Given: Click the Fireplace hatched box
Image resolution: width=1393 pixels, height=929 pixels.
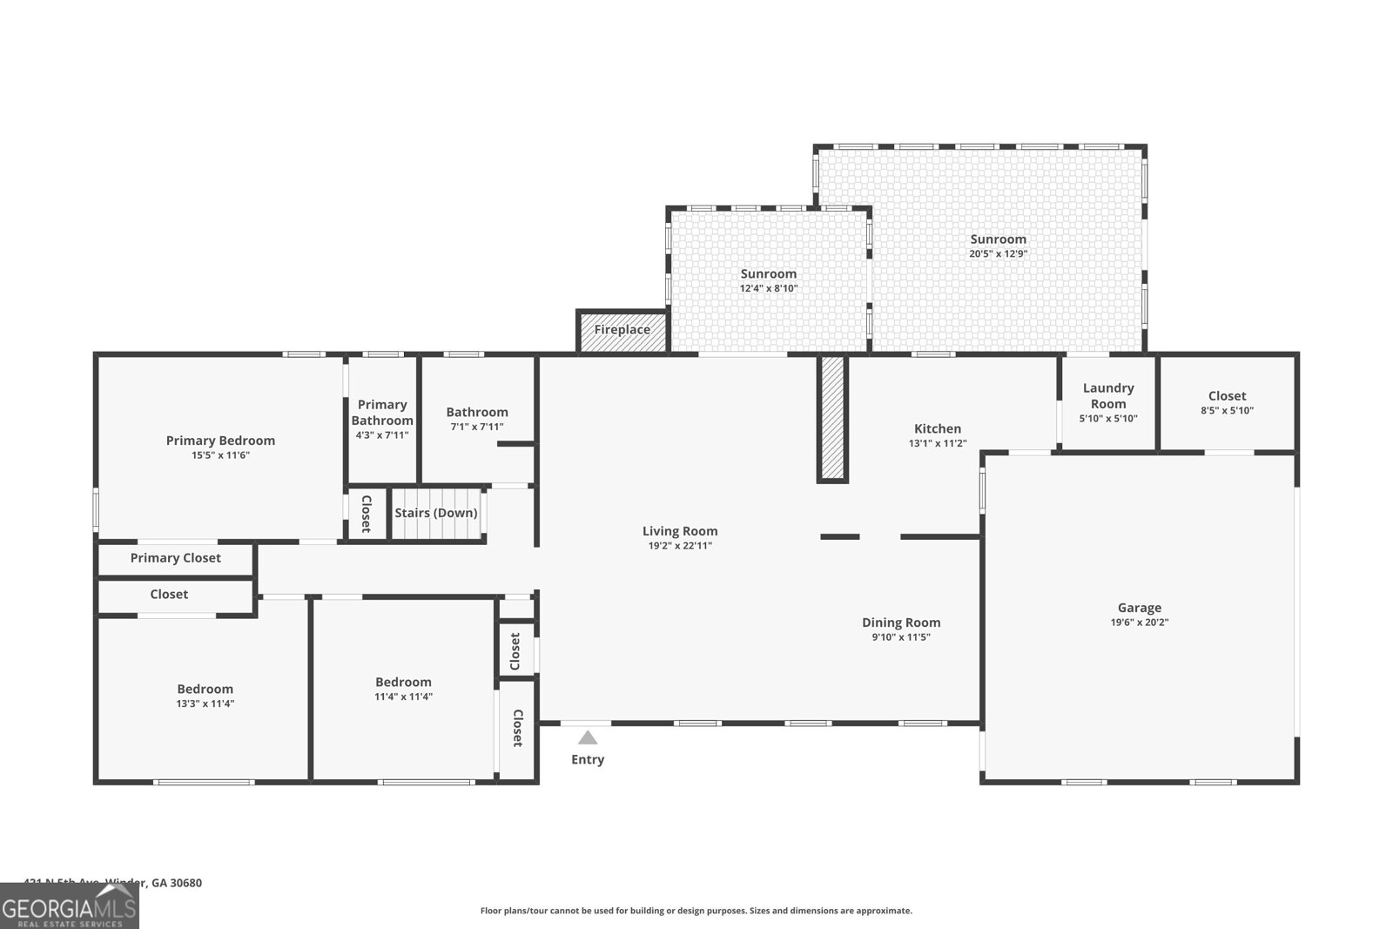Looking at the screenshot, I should [622, 331].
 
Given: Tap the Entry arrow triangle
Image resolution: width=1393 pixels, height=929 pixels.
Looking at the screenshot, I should [588, 738].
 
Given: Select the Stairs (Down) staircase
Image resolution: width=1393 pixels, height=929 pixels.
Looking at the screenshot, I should [436, 514].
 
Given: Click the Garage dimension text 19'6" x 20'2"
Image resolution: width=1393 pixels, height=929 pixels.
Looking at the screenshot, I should [1139, 623].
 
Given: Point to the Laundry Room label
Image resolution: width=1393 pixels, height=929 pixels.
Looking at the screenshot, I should [1107, 395].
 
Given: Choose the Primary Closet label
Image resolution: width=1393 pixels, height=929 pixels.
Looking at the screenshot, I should [175, 558].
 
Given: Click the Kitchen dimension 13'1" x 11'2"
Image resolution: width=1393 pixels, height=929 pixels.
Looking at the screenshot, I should [938, 443].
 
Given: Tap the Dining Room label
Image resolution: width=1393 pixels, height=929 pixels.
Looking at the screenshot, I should [901, 623].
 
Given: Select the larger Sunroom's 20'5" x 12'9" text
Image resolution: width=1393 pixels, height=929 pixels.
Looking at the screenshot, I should [998, 254].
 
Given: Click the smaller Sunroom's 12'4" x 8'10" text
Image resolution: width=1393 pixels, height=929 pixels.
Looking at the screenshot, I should [769, 288].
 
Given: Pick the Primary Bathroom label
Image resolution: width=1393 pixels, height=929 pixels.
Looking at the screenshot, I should [382, 412].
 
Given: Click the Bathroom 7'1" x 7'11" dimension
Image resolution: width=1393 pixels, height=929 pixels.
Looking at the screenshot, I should [476, 427].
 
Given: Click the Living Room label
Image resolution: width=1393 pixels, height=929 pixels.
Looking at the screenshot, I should [680, 531].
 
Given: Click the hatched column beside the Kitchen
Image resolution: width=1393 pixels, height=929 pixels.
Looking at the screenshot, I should [831, 418].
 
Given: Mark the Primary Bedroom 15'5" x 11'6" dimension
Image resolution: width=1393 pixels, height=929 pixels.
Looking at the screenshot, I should [220, 455].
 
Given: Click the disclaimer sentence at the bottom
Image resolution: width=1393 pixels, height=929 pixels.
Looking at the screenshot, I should [696, 911].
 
